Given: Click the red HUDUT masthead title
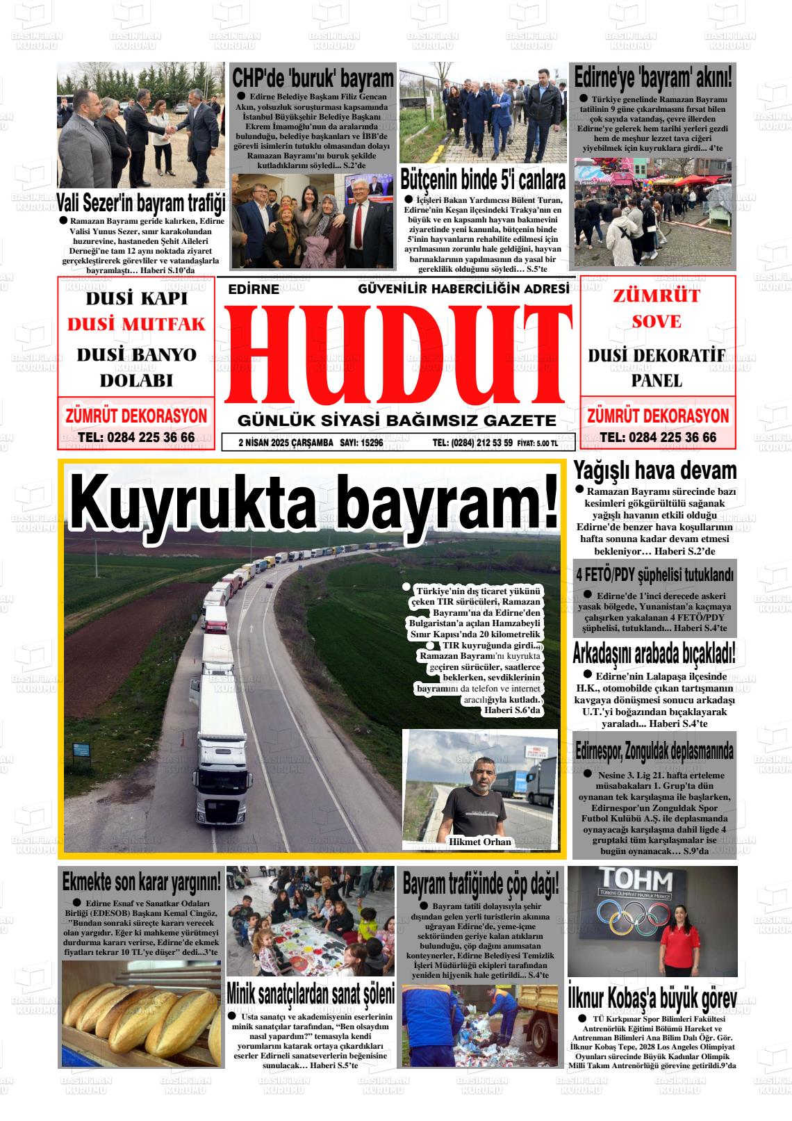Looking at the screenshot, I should [x=396, y=354].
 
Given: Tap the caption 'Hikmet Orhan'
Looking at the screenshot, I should [x=480, y=842].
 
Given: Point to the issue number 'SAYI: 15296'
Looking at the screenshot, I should [x=361, y=443].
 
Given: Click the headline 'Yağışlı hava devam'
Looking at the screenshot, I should [x=654, y=471].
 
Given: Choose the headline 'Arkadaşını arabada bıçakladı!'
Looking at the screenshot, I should [x=654, y=654].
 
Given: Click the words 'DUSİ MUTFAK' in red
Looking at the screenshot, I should [x=137, y=325].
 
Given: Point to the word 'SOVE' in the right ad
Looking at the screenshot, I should [x=657, y=322].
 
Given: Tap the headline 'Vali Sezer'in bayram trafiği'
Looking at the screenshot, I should [x=141, y=204].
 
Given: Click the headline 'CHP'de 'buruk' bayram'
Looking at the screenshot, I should [x=313, y=78].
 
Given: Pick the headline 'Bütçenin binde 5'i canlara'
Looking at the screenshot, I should [x=483, y=180].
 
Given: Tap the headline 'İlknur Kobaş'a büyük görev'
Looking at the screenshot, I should [x=652, y=999].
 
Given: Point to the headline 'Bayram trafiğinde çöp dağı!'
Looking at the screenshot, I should [x=481, y=885].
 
